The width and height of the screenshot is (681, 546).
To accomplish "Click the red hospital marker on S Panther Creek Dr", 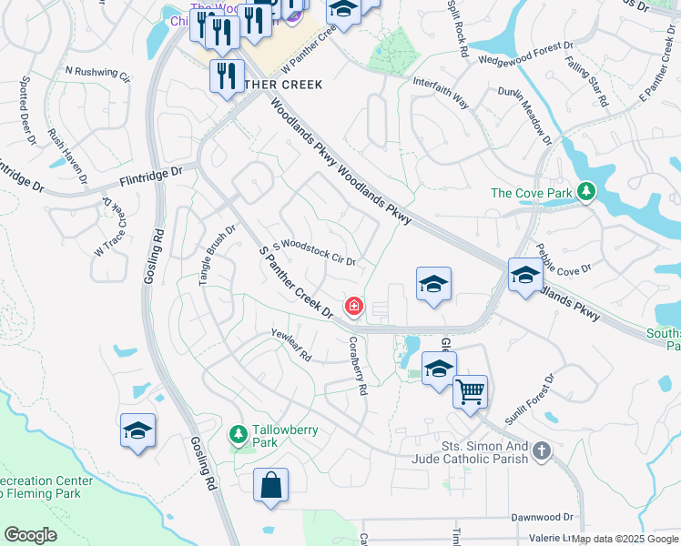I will tap(353, 307).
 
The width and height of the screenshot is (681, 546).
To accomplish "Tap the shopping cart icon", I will tap(470, 391).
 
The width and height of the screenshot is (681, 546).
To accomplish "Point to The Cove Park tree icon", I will tap(587, 191).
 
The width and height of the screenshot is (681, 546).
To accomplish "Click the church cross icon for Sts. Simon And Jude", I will tap(541, 450).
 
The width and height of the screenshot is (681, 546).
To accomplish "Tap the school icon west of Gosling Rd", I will tap(137, 430).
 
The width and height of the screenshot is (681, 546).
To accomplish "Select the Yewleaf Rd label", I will tap(291, 346).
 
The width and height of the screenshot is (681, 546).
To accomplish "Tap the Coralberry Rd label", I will tap(357, 366).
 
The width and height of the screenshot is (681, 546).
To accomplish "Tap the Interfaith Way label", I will tap(441, 93).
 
